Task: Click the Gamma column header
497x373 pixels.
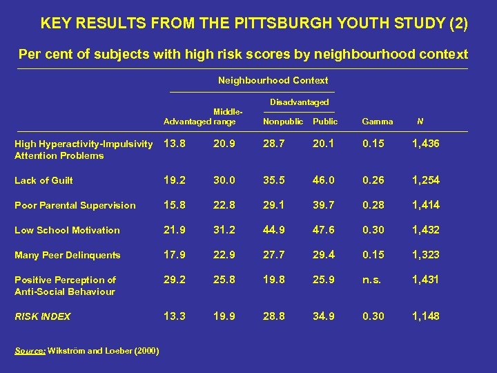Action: click(378, 122)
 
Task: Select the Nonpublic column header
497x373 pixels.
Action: click(283, 122)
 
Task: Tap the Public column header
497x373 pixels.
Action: click(325, 122)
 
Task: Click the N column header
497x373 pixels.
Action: click(420, 122)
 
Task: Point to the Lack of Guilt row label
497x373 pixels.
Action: click(43, 180)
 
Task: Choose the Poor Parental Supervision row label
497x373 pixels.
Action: click(75, 205)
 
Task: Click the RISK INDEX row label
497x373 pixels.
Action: click(43, 316)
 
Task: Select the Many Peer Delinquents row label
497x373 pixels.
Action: click(68, 255)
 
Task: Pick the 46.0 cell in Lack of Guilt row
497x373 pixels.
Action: click(323, 180)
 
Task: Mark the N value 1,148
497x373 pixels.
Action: click(425, 316)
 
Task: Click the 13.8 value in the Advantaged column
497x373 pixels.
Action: click(174, 144)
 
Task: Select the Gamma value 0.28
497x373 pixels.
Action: click(374, 205)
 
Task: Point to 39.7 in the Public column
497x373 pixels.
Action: click(323, 205)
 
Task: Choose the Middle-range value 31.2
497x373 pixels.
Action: click(224, 230)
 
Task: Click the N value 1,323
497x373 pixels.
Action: click(425, 255)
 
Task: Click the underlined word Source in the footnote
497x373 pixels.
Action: click(30, 351)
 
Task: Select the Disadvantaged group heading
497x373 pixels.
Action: click(299, 102)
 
